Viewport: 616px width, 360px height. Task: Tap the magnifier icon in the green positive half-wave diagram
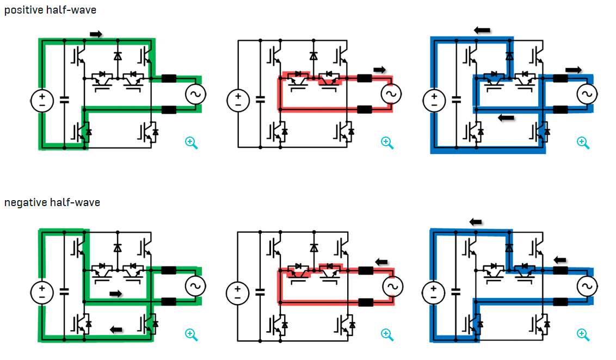(x=191, y=142)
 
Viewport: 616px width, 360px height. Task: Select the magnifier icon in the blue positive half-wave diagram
(x=583, y=142)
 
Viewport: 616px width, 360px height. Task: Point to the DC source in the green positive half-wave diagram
(x=42, y=101)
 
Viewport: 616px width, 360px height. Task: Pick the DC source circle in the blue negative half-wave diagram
(x=434, y=293)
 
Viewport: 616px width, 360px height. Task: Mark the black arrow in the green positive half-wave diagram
(x=96, y=34)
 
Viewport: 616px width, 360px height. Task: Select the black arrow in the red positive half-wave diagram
(x=380, y=70)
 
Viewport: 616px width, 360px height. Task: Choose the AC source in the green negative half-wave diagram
(x=194, y=285)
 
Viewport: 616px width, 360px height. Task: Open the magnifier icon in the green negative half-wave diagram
(x=191, y=334)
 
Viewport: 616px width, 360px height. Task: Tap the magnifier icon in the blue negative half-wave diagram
(x=583, y=334)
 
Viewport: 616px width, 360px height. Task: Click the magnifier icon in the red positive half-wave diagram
(x=387, y=142)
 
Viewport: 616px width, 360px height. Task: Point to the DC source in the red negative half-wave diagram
(x=237, y=293)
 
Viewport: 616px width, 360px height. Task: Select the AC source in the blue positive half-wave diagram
(x=586, y=94)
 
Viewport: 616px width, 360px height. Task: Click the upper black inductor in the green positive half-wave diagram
(x=169, y=78)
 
